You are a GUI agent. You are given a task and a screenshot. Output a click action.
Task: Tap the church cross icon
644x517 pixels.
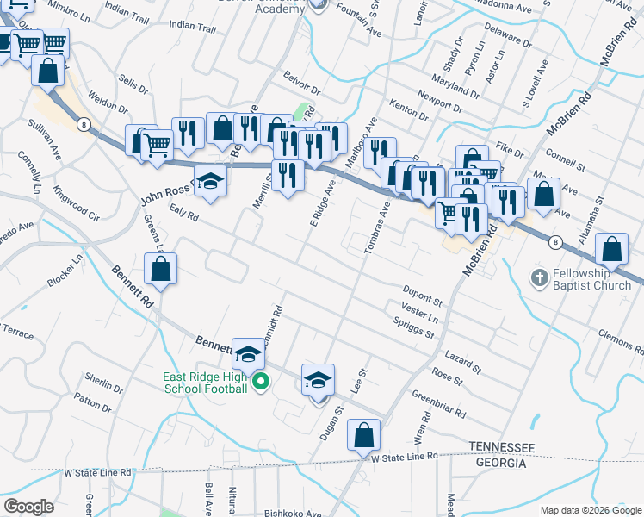pyautogui.click(x=538, y=278)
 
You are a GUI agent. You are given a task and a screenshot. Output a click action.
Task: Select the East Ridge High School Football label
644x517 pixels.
pyautogui.click(x=205, y=383)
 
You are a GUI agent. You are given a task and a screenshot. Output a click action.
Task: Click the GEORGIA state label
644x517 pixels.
pyautogui.click(x=501, y=463)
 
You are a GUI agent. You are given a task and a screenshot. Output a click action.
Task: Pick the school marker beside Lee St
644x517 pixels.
pyautogui.click(x=318, y=382)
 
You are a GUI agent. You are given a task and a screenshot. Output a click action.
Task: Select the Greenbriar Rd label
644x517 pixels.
pyautogui.click(x=439, y=404)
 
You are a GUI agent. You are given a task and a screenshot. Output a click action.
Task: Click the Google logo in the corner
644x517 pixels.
pyautogui.click(x=28, y=507)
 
